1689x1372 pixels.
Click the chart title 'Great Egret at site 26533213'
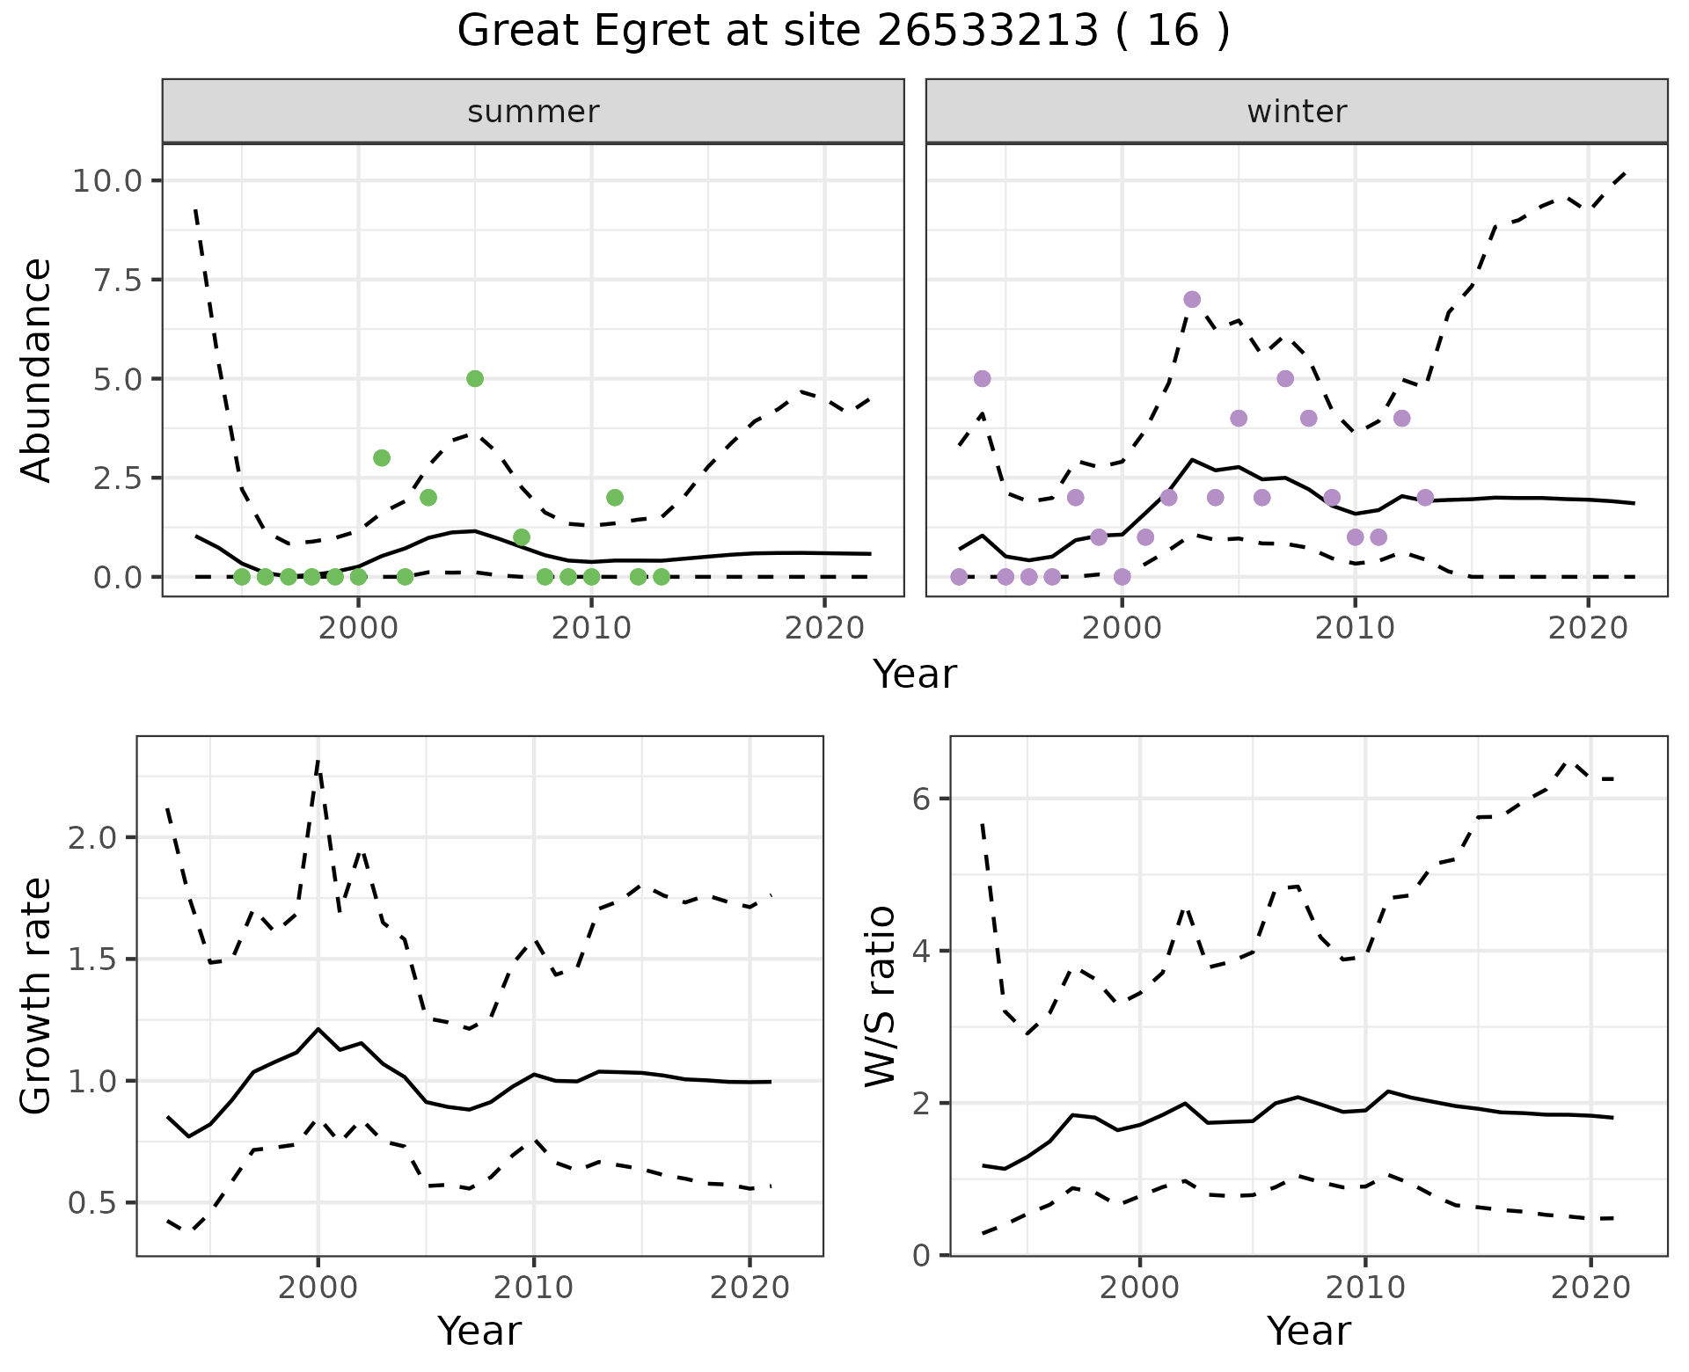pos(843,32)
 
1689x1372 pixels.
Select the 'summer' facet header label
pos(533,112)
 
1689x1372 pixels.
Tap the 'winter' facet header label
pos(1297,112)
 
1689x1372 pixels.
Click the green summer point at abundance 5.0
pos(475,379)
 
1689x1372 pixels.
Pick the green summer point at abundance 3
pos(382,458)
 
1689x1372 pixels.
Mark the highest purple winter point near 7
pos(1192,300)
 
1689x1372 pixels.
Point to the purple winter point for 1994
pos(983,379)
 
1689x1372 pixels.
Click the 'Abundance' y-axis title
pos(37,370)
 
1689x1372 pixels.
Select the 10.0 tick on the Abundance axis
pos(106,181)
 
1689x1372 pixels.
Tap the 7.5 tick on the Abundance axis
pos(117,281)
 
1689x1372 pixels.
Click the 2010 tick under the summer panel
pos(591,629)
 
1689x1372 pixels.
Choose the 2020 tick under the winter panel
pos(1588,629)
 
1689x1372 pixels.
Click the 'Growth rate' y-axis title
pos(37,996)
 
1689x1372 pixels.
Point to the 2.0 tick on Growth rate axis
pos(91,837)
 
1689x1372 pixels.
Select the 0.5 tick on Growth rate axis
pos(91,1203)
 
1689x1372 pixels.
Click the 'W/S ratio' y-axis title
pos(880,996)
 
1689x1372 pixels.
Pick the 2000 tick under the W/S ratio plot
pos(1140,1288)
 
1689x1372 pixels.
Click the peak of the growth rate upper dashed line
pos(318,762)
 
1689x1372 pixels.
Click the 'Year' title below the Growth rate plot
pos(479,1331)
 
